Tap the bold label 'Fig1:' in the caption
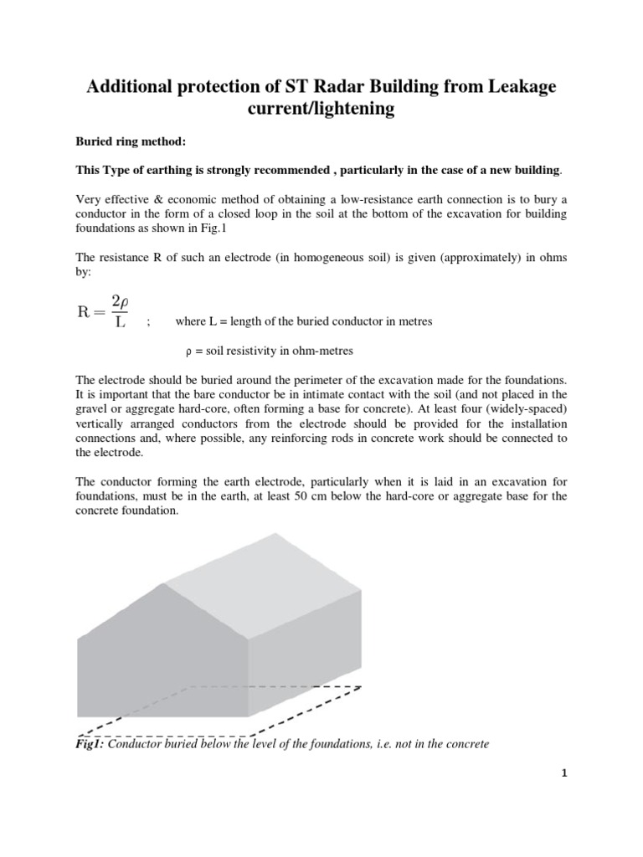pyautogui.click(x=90, y=743)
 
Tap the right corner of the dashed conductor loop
pyautogui.click(x=361, y=685)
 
